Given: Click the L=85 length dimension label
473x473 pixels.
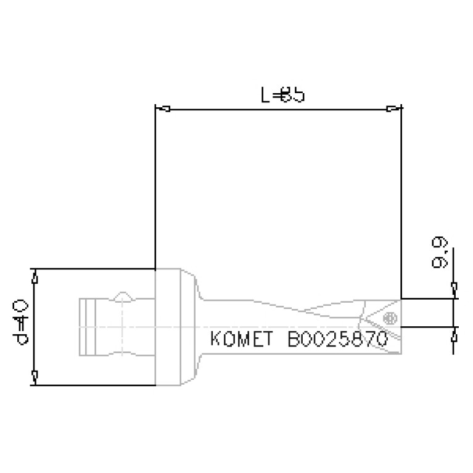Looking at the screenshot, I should tap(282, 96).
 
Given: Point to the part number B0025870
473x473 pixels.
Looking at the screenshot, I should tap(337, 340).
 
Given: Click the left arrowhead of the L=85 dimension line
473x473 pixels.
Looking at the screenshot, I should tap(163, 110).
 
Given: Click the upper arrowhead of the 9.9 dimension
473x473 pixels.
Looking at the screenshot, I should tap(454, 288).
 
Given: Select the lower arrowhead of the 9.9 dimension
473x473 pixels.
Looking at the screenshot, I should tap(454, 335).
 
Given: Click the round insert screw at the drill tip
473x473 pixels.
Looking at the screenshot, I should tap(389, 318).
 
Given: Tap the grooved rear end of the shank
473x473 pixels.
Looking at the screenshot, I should tap(89, 327).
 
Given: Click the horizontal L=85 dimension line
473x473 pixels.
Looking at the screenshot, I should tap(278, 110).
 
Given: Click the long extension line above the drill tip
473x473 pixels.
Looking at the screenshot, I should tap(401, 204).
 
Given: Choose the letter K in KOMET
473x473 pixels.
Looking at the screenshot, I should tap(216, 340).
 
